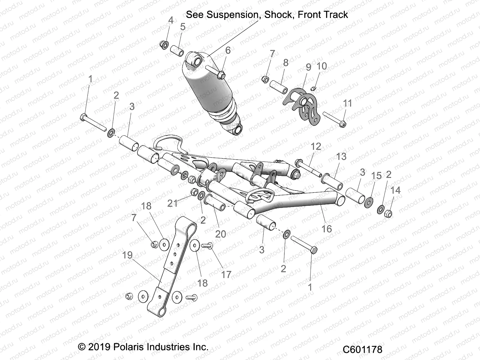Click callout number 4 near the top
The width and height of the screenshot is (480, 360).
pyautogui.click(x=171, y=20)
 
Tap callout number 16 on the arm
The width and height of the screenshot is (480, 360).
pyautogui.click(x=326, y=229)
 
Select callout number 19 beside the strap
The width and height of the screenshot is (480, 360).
pyautogui.click(x=127, y=255)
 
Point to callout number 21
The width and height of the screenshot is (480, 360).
pyautogui.click(x=172, y=203)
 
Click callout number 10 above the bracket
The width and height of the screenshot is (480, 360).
pyautogui.click(x=322, y=66)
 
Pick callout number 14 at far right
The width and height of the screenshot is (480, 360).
pyautogui.click(x=395, y=190)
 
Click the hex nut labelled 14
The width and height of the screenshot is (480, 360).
pyautogui.click(x=388, y=214)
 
